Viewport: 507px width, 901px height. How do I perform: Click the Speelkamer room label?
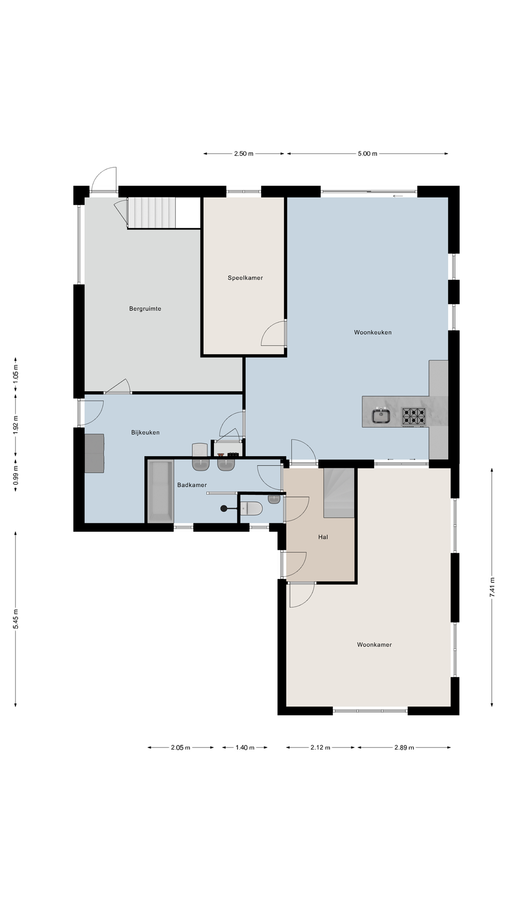pyautogui.click(x=245, y=278)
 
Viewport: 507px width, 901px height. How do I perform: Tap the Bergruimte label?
pyautogui.click(x=145, y=308)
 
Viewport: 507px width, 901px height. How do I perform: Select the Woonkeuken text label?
pyautogui.click(x=373, y=332)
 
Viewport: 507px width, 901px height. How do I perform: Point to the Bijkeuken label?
pyautogui.click(x=145, y=432)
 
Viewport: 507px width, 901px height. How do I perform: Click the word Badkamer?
pyautogui.click(x=192, y=485)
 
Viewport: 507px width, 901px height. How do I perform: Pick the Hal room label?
pyautogui.click(x=323, y=537)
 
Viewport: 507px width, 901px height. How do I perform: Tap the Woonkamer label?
pyautogui.click(x=374, y=644)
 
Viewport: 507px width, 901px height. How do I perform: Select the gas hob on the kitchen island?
pyautogui.click(x=413, y=417)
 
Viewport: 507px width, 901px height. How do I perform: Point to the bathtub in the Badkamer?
pyautogui.click(x=160, y=491)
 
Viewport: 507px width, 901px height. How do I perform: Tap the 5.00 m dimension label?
pyautogui.click(x=367, y=154)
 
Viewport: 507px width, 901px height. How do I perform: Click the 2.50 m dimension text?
pyautogui.click(x=243, y=154)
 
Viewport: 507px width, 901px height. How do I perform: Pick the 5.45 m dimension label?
pyautogui.click(x=16, y=619)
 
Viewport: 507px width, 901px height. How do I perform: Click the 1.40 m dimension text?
pyautogui.click(x=244, y=747)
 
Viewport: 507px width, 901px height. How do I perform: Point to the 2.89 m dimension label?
pyautogui.click(x=404, y=747)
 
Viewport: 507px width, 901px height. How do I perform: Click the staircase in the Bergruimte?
pyautogui.click(x=151, y=212)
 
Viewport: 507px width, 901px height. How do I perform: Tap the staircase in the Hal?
pyautogui.click(x=339, y=492)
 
